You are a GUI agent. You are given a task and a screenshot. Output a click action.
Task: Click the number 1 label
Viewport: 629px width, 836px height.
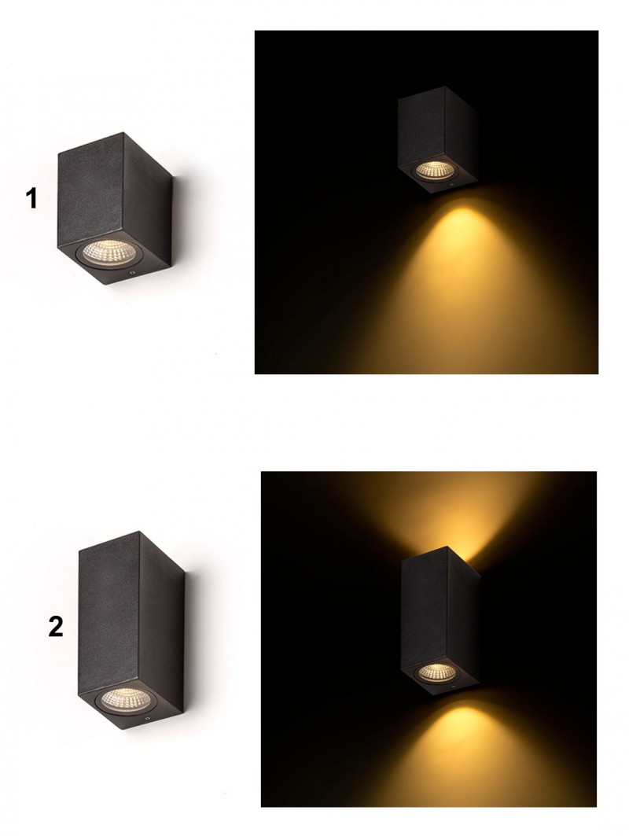31,198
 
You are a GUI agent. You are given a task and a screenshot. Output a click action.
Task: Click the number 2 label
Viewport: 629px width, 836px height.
56,627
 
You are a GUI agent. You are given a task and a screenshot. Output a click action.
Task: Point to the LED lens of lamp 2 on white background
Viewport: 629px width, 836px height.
123,698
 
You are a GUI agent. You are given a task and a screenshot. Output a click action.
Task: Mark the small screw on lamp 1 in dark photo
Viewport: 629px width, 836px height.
451,185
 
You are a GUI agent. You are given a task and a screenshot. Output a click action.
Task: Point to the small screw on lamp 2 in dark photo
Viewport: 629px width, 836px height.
453,688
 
